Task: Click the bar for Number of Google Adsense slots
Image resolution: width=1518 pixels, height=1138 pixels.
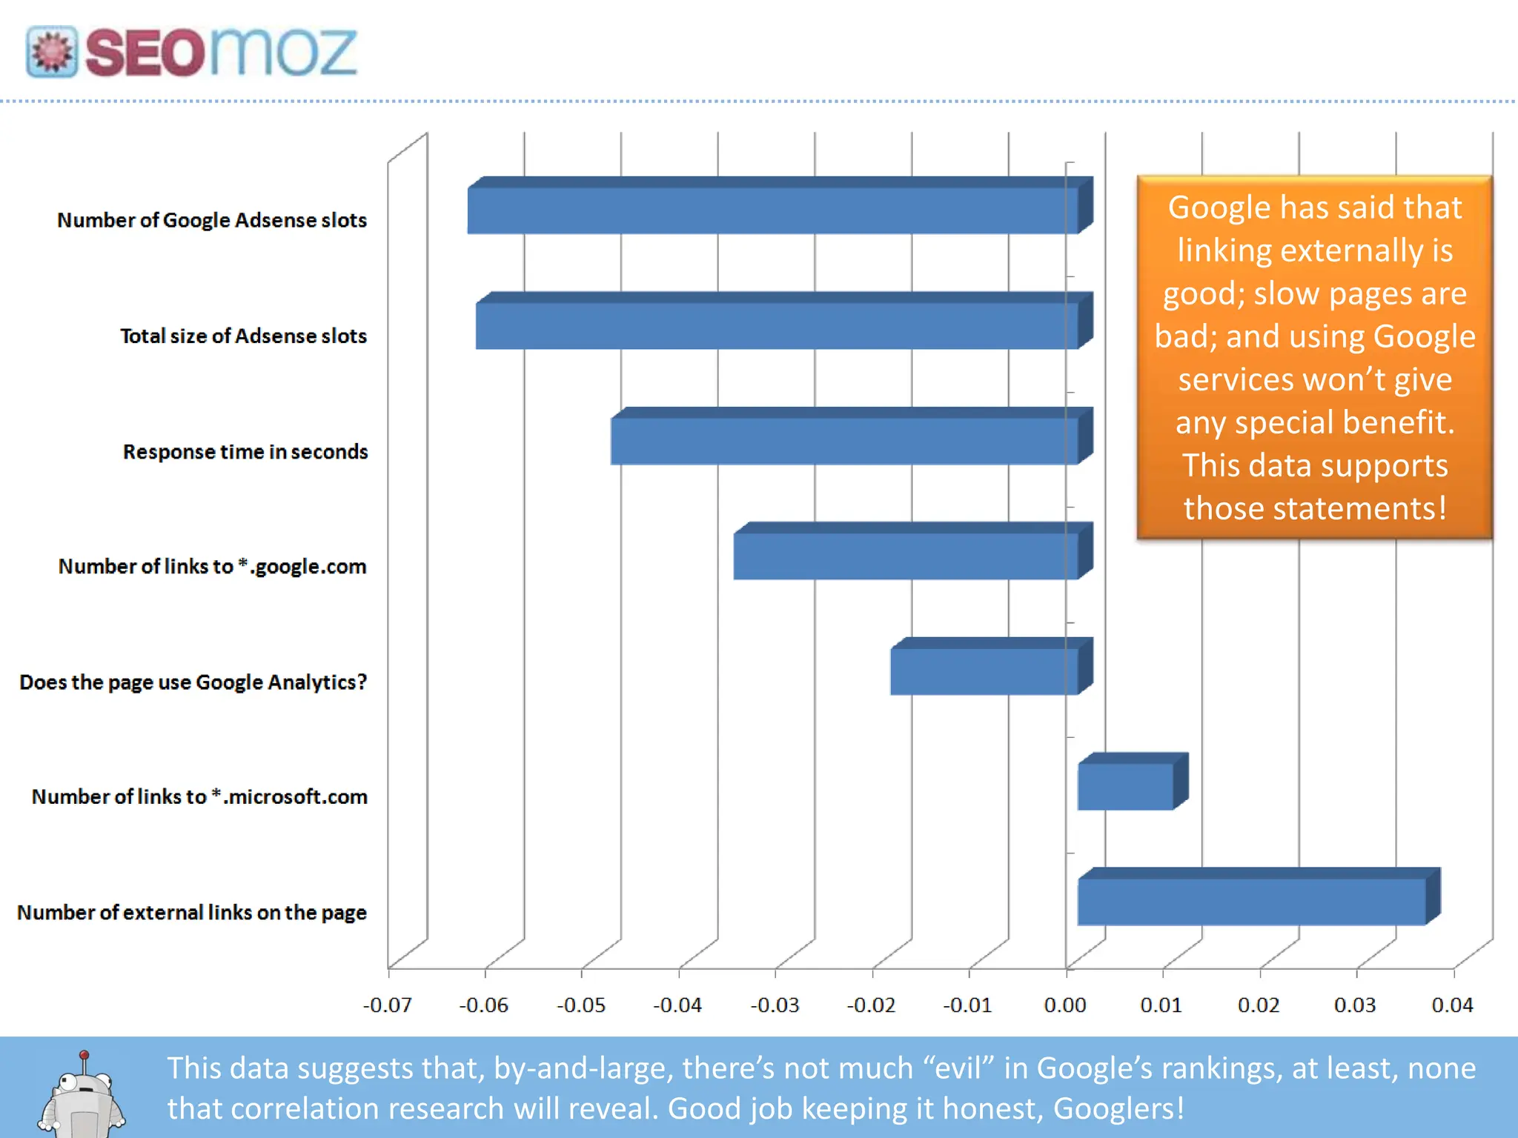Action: point(772,210)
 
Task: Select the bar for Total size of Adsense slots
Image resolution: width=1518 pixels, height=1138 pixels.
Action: point(777,326)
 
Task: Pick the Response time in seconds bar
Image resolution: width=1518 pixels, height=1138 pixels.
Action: point(844,441)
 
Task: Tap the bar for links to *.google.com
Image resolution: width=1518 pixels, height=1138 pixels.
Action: point(906,556)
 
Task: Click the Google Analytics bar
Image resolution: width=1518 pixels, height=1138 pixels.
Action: point(984,671)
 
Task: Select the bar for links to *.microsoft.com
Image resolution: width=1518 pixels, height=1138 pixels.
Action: point(1125,786)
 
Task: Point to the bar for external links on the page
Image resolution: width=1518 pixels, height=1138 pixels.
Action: point(1251,902)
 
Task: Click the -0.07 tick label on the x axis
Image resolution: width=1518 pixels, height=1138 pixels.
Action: point(387,1005)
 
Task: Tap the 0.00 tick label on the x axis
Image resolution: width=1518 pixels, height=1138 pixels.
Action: point(1065,1005)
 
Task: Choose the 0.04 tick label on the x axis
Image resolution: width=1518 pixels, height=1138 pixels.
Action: point(1452,1005)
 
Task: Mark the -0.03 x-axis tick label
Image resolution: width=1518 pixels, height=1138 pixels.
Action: point(775,1005)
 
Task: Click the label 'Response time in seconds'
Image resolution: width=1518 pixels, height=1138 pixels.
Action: point(245,452)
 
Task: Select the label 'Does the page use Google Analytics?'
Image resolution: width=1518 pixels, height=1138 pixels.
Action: point(193,682)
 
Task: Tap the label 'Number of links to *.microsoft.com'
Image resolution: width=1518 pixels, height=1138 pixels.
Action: point(199,797)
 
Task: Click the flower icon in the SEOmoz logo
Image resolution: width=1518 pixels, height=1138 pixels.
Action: point(51,53)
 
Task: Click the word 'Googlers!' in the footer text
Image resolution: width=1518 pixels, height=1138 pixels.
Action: point(1118,1109)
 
